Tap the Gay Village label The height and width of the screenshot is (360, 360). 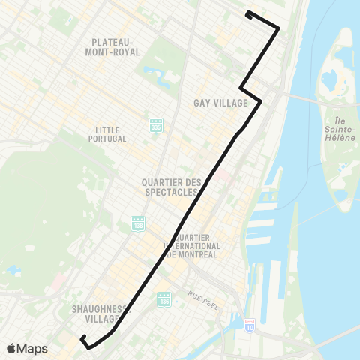tap(220, 103)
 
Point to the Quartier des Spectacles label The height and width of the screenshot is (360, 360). tap(172, 187)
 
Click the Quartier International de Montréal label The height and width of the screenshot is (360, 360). tap(192, 246)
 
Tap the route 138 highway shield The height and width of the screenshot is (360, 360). tap(137, 223)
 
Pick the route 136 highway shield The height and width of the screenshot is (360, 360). tap(165, 299)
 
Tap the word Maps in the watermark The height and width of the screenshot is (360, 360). tap(34, 348)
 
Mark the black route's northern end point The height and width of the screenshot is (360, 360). tap(248, 13)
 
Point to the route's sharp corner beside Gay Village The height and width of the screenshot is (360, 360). tap(261, 100)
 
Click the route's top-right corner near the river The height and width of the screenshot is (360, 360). tap(279, 29)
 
